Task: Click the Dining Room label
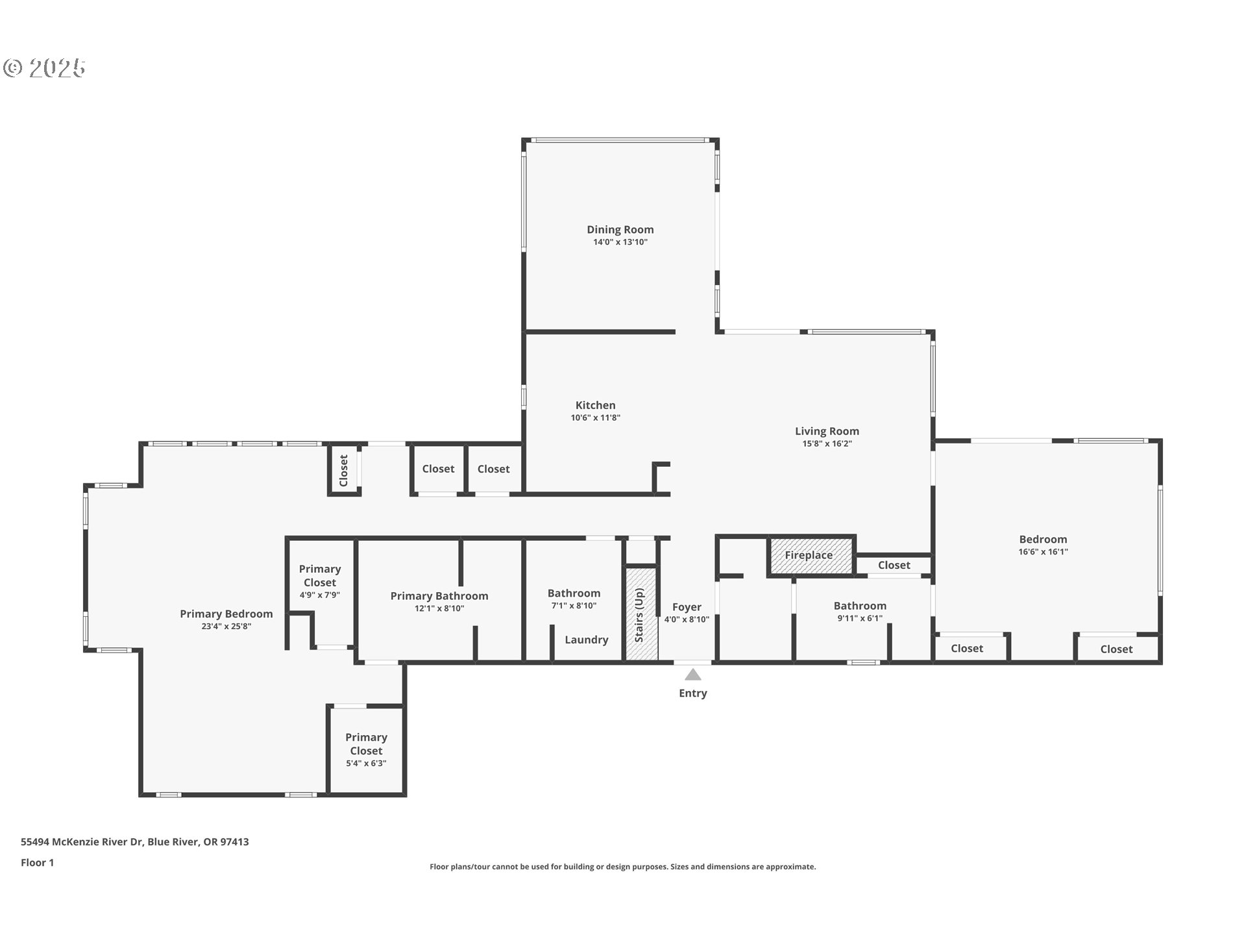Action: [x=620, y=229]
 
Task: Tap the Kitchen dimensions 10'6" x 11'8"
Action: [x=595, y=418]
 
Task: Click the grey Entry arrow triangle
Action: [x=692, y=675]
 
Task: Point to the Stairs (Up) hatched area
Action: [x=641, y=614]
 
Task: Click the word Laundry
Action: [x=586, y=640]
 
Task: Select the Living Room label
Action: [x=827, y=431]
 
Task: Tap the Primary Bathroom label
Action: [x=439, y=596]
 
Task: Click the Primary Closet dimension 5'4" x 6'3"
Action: [x=366, y=764]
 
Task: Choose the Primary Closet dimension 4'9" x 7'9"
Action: [x=319, y=595]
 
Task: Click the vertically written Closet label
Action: [x=344, y=470]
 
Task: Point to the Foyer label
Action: [x=687, y=607]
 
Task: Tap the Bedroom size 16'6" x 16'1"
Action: [x=1043, y=552]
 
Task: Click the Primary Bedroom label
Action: [x=226, y=614]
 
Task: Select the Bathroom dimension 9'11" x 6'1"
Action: [x=859, y=618]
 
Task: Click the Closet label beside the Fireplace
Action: [x=894, y=565]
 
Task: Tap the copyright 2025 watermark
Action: [x=44, y=68]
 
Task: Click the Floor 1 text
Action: [x=37, y=862]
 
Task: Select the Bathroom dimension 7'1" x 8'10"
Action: [x=574, y=606]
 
